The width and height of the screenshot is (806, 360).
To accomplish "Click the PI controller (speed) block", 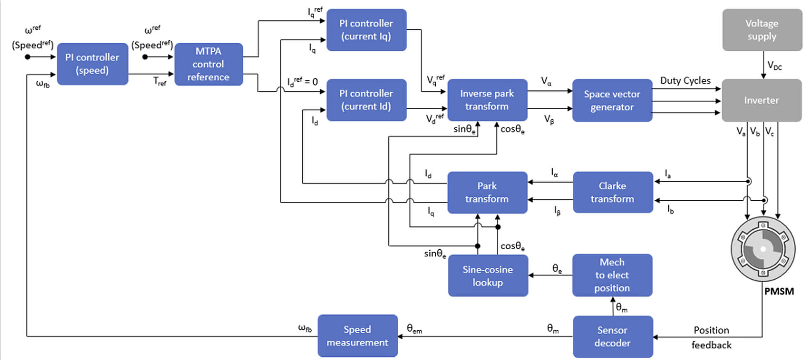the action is pos(92,64).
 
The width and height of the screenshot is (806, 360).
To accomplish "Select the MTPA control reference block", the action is pos(208,64).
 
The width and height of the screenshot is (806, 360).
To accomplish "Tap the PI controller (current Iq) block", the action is pos(366,30).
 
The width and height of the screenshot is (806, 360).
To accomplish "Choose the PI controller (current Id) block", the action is pos(366,100).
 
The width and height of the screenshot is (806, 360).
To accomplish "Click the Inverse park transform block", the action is pos(487,100).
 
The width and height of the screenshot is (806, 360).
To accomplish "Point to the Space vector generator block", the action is pos(612,100).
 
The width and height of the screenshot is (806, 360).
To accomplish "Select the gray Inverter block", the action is pos(761,100).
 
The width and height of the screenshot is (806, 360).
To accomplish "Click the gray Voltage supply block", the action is pos(762,30).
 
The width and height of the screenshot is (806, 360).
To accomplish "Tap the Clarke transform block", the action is pos(613,192).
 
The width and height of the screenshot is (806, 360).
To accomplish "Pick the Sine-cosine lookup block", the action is pos(488,276).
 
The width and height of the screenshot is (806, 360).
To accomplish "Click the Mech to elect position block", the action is pos(612,275).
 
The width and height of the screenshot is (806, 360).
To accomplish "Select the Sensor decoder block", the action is pos(613,336).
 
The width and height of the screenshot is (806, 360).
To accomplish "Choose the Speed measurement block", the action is pos(357,335).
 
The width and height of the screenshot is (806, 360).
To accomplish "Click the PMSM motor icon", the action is pos(763,249).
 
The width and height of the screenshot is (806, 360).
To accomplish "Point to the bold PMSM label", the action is pos(779,291).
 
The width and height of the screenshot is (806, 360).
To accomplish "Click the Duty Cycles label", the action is pos(685,81).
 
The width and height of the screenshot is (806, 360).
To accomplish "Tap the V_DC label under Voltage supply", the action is pos(775,66).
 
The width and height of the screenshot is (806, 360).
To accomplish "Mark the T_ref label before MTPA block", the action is pos(160,81).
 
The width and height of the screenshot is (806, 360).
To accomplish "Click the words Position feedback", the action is pos(712,338).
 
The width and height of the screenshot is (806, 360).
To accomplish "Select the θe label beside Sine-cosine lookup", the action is pos(557,269).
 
